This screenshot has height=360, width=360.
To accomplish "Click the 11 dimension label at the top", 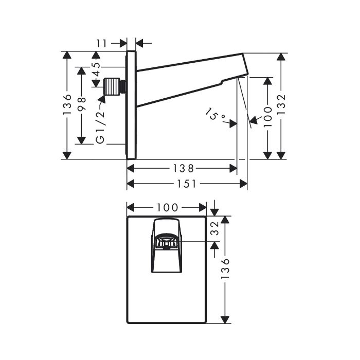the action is point(101,43).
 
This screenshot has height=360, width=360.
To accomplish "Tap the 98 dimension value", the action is point(82,104).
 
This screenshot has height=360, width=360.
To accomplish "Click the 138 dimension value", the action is point(183,169).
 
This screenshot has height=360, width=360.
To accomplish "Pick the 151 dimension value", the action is point(187,184).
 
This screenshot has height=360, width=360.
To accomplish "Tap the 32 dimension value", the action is point(215,229).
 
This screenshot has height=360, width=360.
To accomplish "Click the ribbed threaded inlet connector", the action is point(114,86).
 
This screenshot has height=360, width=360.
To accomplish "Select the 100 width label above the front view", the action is point(167,208).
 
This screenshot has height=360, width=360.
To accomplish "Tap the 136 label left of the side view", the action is point(67,104).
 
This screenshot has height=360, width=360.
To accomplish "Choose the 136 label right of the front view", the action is point(225,268).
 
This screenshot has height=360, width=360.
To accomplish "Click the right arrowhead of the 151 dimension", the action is point(243,184).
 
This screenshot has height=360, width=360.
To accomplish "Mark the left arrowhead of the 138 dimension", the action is point(131,169).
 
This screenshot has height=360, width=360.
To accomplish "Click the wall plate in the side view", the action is point(132,105).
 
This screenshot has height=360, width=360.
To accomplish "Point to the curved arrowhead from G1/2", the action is point(102,99).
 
